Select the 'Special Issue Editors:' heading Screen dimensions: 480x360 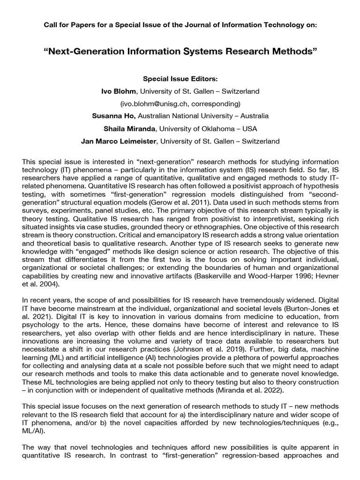coord(180,78)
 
